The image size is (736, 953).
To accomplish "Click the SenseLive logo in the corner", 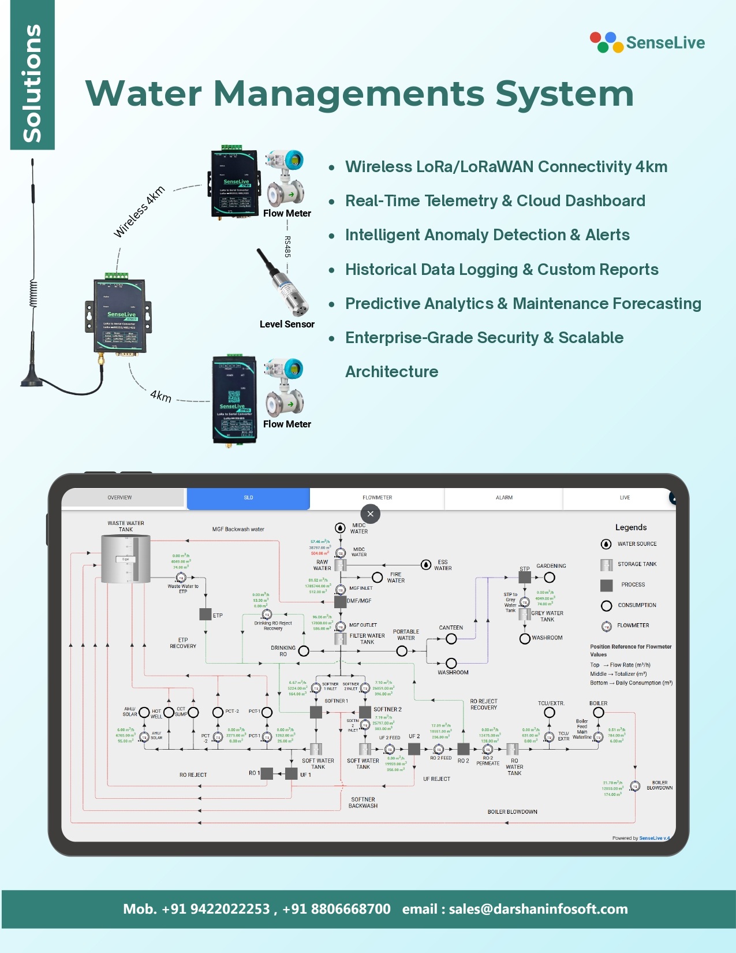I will (x=647, y=42).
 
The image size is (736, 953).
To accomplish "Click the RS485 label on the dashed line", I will (x=287, y=247).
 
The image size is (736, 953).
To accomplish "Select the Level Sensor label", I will (x=287, y=324).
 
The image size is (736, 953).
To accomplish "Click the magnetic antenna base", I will (x=31, y=381).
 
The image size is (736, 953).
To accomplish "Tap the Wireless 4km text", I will (x=139, y=212).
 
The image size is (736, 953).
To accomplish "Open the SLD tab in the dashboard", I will (x=248, y=498).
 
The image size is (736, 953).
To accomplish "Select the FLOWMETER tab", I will (x=377, y=498).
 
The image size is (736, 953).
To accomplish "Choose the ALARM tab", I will (x=504, y=498).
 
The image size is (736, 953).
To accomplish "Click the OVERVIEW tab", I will (x=119, y=498).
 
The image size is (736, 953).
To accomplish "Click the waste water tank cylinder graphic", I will (x=126, y=559).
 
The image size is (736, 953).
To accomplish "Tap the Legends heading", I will (x=631, y=527).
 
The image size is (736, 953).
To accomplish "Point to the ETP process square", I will (x=206, y=615).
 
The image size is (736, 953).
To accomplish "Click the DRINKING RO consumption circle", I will (x=304, y=652).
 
